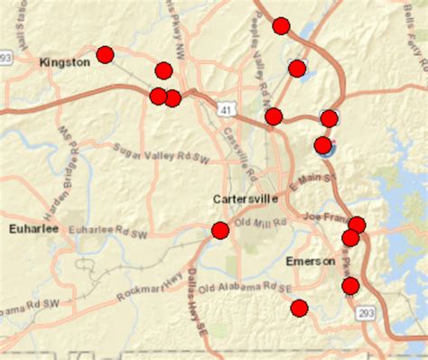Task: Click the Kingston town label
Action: [x=65, y=62]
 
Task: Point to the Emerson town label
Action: [x=310, y=261]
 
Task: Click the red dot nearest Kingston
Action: [x=105, y=54]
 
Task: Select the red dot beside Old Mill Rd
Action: [x=219, y=230]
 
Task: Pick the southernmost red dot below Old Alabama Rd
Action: [x=299, y=309]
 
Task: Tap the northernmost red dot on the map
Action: [x=281, y=25]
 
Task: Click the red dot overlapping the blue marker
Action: [x=323, y=144]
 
